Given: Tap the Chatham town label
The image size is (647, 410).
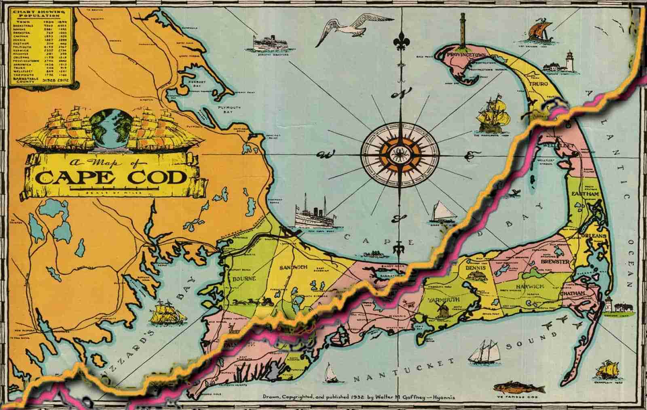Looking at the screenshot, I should (x=573, y=292).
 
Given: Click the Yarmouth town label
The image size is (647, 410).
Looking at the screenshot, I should (x=442, y=299).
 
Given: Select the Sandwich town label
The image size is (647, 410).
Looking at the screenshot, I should (x=294, y=267).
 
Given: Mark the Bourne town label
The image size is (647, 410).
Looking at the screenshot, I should (x=243, y=279).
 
